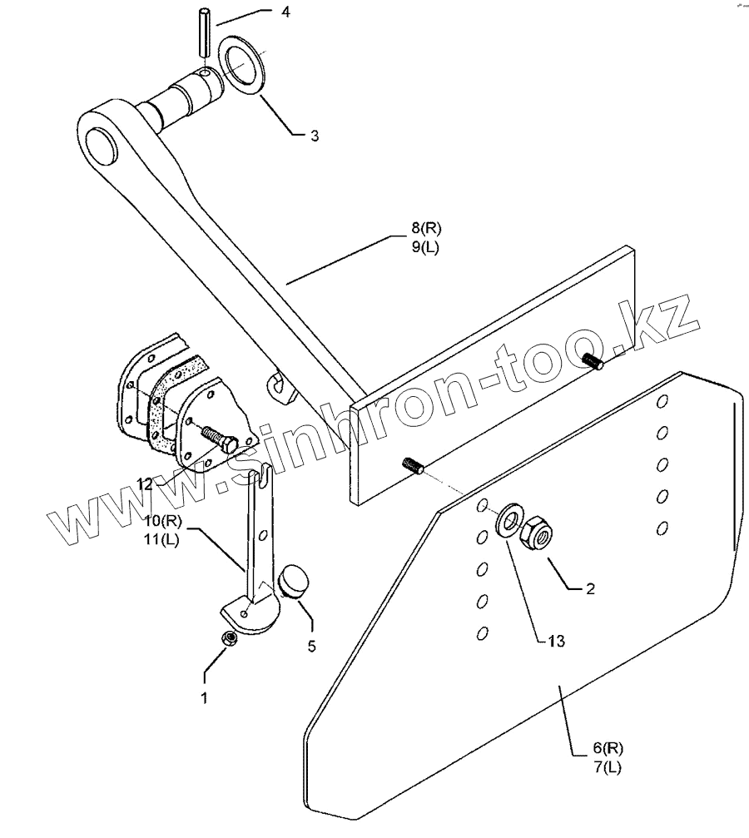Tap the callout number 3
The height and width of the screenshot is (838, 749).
(x=314, y=135)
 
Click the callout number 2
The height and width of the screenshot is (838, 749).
(x=590, y=588)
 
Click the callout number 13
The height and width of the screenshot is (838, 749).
(x=556, y=642)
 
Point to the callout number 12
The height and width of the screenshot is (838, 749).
(x=146, y=483)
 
